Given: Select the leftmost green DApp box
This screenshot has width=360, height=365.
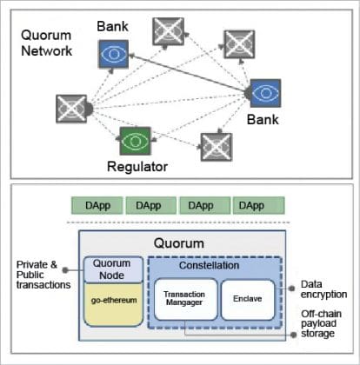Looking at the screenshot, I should point(96,205).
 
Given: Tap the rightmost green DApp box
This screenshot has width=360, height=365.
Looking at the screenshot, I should point(252,205).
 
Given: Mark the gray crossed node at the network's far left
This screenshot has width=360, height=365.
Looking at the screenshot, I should point(69,109).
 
